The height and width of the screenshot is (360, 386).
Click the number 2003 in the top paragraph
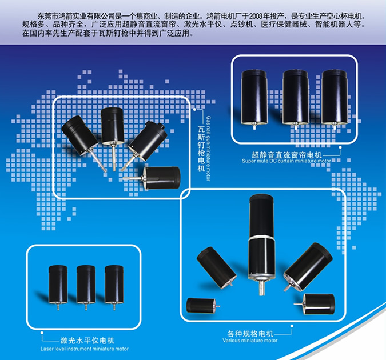256,17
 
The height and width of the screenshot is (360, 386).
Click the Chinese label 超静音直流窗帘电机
286,155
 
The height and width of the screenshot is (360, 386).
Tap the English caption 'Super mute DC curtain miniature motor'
286,161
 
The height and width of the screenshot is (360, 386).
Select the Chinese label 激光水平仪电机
87,341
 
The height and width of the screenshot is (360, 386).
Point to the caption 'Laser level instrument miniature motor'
85,349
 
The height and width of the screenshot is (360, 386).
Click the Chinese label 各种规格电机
250,334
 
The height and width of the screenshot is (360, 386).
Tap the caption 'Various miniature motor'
250,341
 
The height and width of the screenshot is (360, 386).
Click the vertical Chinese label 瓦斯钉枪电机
201,149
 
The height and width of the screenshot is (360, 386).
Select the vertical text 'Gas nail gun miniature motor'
208,149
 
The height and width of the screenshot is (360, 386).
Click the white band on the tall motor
261,238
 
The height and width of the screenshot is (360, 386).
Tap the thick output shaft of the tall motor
261,288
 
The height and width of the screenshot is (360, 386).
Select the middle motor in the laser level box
86,286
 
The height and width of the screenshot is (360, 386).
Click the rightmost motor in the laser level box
114,286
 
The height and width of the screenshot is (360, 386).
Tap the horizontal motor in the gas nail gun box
153,178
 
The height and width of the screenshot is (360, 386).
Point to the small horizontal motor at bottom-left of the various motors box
202,305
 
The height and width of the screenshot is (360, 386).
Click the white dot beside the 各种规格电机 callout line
292,326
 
